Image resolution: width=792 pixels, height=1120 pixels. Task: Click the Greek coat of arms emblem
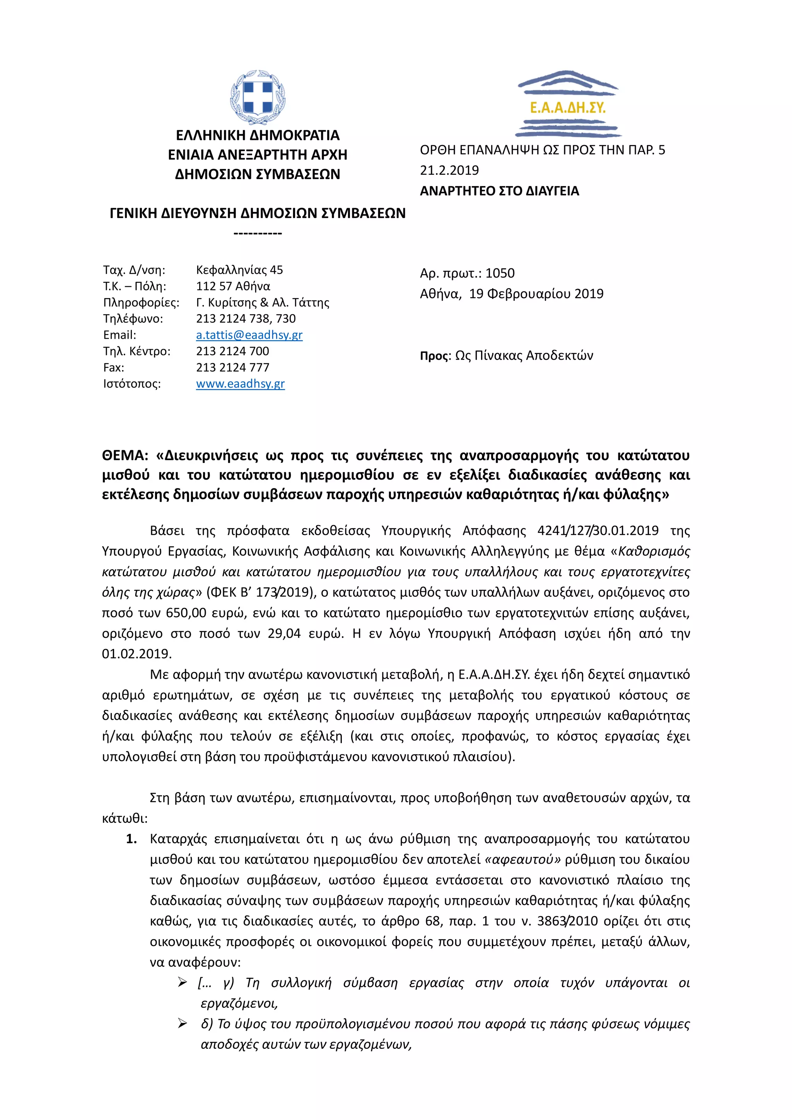pyautogui.click(x=258, y=97)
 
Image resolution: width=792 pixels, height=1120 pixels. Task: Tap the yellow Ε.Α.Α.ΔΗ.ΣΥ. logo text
pyautogui.click(x=568, y=107)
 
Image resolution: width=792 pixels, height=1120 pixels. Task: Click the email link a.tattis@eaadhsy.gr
pyautogui.click(x=249, y=335)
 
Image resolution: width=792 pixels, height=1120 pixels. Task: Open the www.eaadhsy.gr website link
pyautogui.click(x=241, y=384)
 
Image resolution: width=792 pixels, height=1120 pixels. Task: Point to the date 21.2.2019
pyautogui.click(x=449, y=170)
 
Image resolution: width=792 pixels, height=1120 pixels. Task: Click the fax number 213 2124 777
pyautogui.click(x=233, y=367)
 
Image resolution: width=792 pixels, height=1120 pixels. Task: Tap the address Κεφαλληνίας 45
pyautogui.click(x=239, y=270)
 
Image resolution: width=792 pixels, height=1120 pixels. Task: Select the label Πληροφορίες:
pyautogui.click(x=141, y=302)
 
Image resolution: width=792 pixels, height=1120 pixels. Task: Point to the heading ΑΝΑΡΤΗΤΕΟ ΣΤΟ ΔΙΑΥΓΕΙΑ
pyautogui.click(x=499, y=191)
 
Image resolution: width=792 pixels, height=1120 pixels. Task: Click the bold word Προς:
pyautogui.click(x=435, y=356)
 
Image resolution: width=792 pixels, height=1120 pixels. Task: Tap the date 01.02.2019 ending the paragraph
pyautogui.click(x=137, y=654)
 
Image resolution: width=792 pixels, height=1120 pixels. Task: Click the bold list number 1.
pyautogui.click(x=131, y=839)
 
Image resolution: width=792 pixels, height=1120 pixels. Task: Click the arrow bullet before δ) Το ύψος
pyautogui.click(x=183, y=1024)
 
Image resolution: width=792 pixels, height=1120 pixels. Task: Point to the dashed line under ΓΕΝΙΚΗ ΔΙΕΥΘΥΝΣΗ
pyautogui.click(x=258, y=233)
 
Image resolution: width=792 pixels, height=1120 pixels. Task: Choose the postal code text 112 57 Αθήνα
pyautogui.click(x=233, y=286)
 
